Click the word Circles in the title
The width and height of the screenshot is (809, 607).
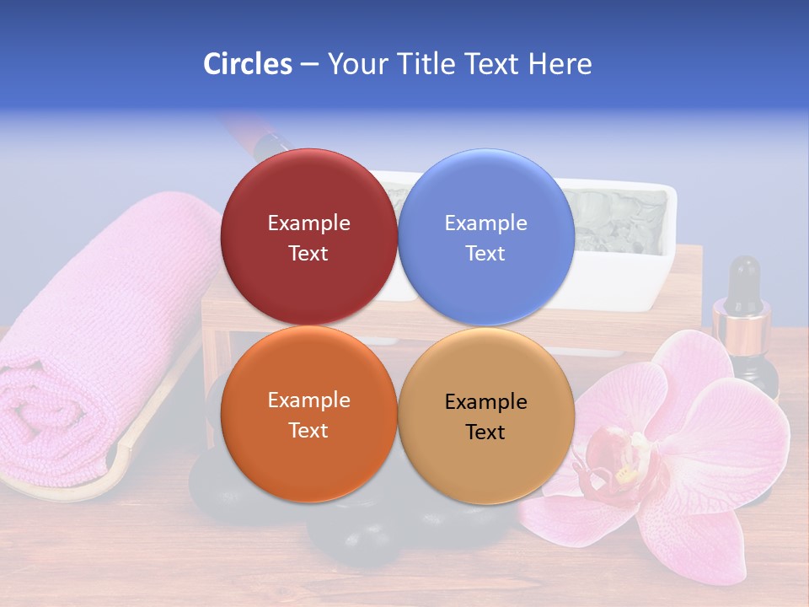click(x=247, y=64)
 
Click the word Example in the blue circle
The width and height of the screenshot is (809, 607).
click(x=485, y=223)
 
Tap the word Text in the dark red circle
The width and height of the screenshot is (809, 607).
click(x=308, y=254)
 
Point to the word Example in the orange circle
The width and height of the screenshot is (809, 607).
click(x=308, y=400)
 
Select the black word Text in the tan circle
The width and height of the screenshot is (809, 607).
click(x=485, y=432)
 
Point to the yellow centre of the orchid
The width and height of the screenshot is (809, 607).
click(x=625, y=475)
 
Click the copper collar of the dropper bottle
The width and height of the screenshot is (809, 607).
click(x=742, y=325)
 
